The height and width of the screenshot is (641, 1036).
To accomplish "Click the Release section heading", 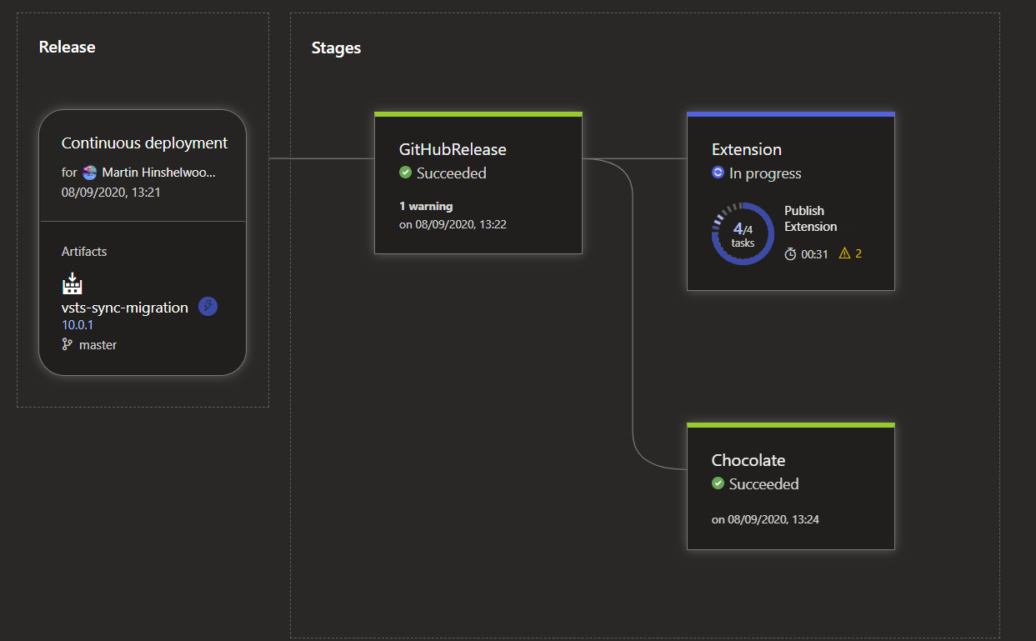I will pos(67,47).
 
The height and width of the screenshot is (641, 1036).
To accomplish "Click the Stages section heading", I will pos(336,48).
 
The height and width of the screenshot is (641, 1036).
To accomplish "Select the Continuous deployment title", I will pos(144,143).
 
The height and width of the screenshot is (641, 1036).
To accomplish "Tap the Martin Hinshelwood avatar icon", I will pos(90,173).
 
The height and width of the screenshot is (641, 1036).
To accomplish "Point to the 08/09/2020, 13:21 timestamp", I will pos(111,192).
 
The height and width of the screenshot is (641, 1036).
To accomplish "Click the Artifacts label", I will pos(84,251).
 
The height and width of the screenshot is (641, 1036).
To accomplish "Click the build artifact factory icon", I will pos(73,283).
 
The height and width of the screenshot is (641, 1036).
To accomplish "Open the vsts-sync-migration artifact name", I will pos(125,308).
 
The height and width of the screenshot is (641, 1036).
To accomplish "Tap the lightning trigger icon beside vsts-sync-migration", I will pos(208,307).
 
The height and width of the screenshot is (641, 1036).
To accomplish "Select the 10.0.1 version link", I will pos(78,325).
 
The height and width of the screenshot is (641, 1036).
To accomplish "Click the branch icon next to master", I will pos(68,344).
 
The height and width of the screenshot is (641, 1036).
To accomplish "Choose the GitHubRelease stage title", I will pos(453,149).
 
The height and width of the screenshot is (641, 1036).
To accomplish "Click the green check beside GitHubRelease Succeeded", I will pos(405,173).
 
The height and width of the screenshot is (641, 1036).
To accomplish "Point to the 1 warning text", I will pos(426,206).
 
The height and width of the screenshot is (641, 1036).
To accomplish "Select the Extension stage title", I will pos(746,149).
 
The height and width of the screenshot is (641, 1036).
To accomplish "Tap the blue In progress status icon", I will pos(718,173).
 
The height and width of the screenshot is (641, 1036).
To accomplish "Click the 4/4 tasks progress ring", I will pos(743,233).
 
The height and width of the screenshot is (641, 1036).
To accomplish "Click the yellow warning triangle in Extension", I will pos(844,253).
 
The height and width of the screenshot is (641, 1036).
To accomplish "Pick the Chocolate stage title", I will pos(748,460).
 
